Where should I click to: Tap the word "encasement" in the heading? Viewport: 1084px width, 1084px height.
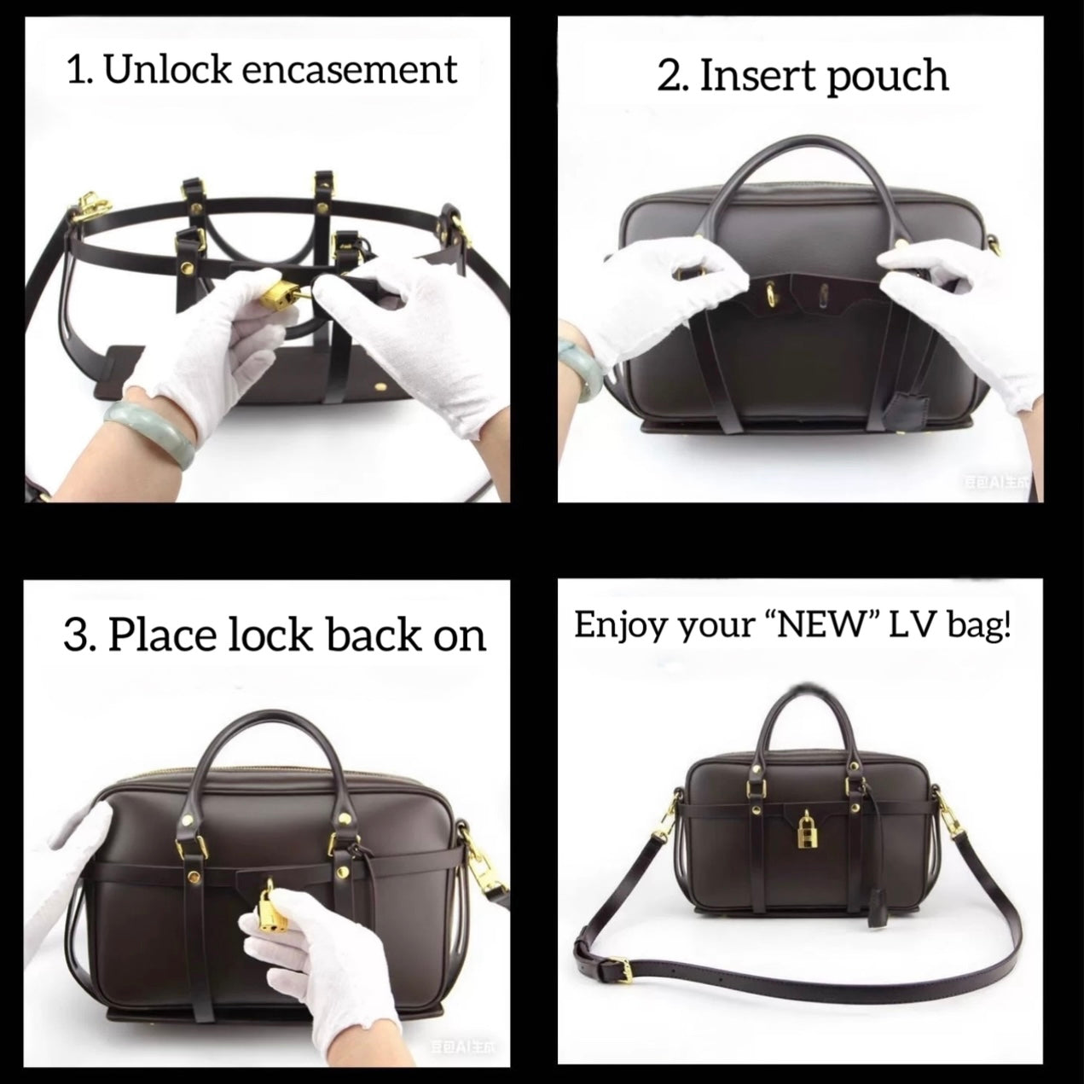coord(350,69)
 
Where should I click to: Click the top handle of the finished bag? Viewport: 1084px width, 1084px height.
coord(801,708)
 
